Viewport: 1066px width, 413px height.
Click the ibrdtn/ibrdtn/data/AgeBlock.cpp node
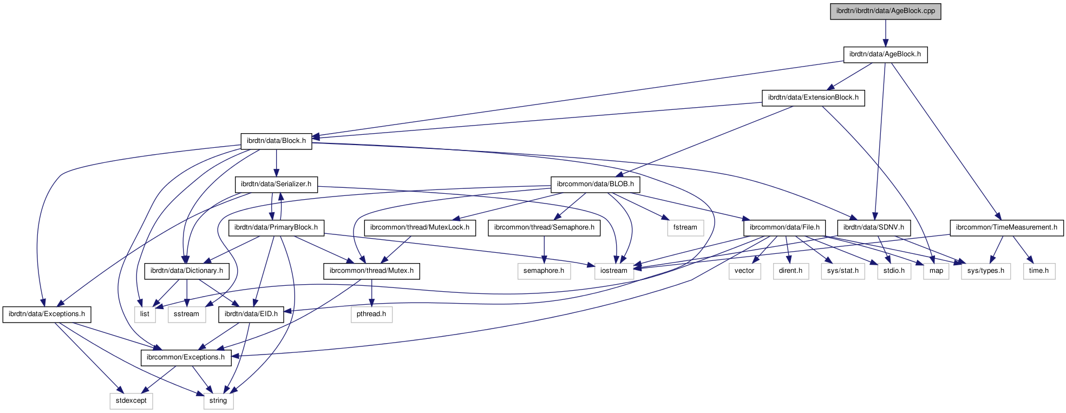(x=885, y=11)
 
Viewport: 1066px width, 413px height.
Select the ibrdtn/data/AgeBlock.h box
(x=885, y=55)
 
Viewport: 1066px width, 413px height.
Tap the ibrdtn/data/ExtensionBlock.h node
(x=813, y=98)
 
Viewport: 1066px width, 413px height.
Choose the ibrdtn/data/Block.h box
(x=276, y=141)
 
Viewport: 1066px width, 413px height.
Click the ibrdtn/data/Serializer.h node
(x=276, y=185)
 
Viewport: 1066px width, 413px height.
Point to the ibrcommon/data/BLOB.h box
(x=595, y=185)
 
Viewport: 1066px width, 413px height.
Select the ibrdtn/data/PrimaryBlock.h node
(x=276, y=228)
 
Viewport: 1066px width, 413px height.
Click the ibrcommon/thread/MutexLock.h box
(x=420, y=228)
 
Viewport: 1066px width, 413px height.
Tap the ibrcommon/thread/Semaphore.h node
(x=544, y=228)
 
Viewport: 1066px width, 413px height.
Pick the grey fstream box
(x=685, y=228)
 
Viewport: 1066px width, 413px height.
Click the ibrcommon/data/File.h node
(x=784, y=228)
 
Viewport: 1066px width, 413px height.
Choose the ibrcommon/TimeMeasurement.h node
(x=1006, y=228)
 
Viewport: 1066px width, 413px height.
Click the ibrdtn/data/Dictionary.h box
(x=187, y=271)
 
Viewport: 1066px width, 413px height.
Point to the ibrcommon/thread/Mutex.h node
(x=371, y=271)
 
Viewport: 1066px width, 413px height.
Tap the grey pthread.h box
(x=371, y=314)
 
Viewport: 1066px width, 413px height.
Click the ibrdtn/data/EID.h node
(x=251, y=314)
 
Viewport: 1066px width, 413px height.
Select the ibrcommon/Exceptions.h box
(x=186, y=358)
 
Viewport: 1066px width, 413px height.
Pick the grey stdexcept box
(x=131, y=401)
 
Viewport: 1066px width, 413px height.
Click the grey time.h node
(x=1038, y=271)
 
